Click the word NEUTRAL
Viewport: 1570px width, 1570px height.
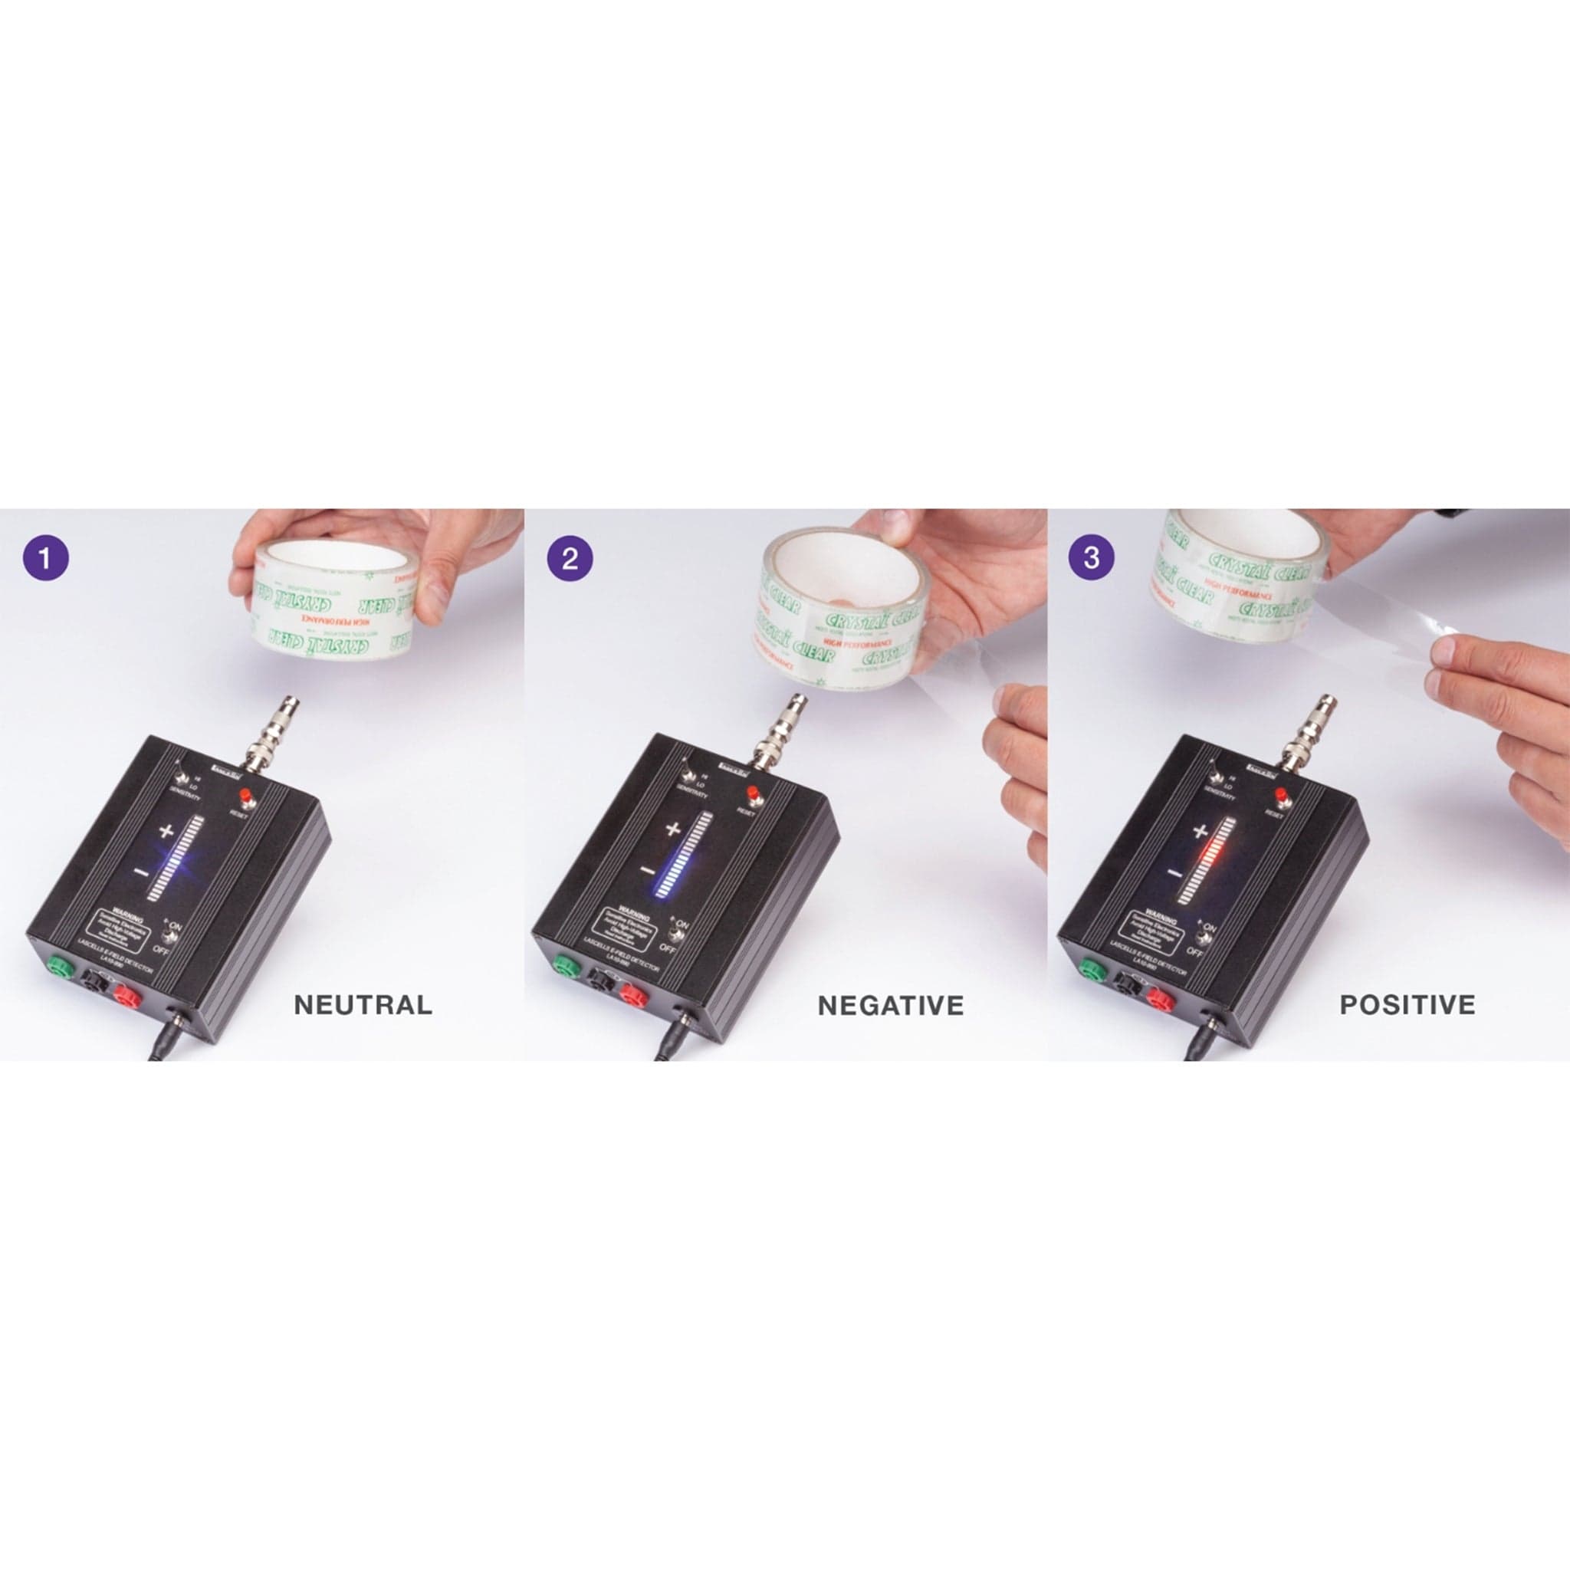click(x=363, y=1005)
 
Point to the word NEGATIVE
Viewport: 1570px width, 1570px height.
click(x=891, y=1006)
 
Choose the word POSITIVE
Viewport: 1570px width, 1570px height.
click(x=1407, y=1005)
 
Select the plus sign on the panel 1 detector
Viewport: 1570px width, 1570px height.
click(x=166, y=830)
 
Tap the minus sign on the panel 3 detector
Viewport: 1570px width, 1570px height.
click(x=1174, y=872)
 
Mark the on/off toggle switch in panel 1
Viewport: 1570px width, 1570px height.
click(x=172, y=935)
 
